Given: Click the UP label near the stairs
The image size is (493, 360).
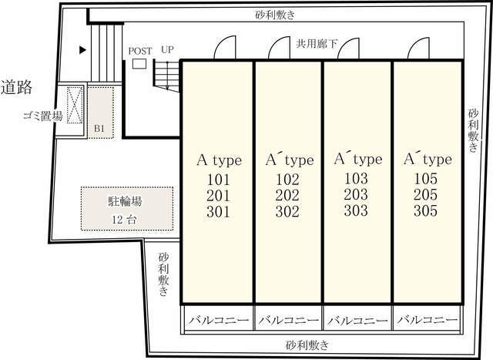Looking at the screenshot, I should (167, 50).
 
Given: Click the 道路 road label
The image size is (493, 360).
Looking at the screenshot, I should (16, 86).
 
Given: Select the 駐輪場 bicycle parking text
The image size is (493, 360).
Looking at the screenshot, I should (124, 202).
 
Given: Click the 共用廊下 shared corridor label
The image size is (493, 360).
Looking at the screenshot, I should (317, 45).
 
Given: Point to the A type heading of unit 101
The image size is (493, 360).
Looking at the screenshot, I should (219, 160).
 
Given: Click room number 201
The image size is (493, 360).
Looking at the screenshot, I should (219, 194).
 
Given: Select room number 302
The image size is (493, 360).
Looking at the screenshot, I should (287, 210).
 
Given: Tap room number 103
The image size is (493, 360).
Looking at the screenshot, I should (356, 177).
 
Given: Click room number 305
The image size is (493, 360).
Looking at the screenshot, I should (424, 210).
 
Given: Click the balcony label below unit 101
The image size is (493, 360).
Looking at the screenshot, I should (218, 318).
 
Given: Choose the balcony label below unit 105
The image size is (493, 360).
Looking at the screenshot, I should (424, 318).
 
